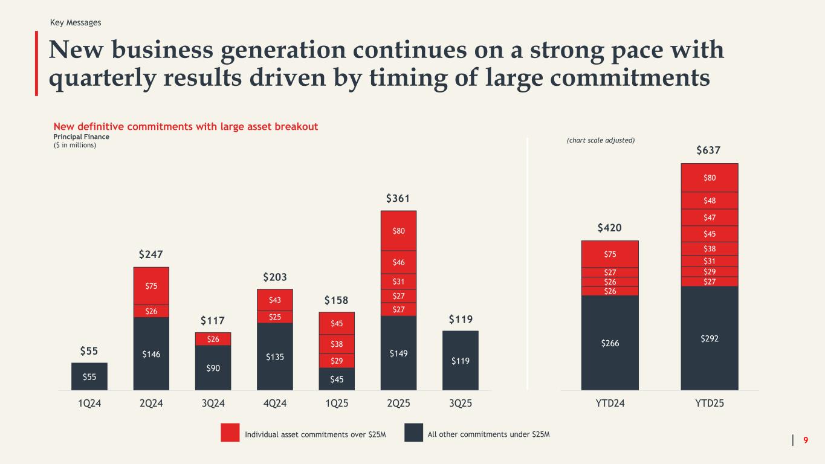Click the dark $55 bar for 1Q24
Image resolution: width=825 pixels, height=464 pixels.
click(89, 376)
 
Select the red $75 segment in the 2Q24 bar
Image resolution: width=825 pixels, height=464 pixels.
click(151, 286)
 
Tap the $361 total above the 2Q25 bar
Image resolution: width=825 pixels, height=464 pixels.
click(398, 199)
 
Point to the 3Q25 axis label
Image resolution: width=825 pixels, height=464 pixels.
click(461, 403)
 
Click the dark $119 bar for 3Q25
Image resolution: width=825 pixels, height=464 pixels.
click(461, 360)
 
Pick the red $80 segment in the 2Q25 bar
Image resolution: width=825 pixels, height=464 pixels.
click(398, 230)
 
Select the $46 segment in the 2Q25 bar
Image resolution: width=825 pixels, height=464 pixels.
click(398, 262)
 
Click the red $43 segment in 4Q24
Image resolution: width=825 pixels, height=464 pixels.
click(275, 300)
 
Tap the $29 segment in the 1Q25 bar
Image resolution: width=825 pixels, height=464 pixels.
click(337, 360)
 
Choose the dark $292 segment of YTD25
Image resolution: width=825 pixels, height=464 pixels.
click(710, 338)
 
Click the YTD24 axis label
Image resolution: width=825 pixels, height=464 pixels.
click(610, 403)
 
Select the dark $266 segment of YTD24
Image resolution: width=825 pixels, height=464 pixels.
click(610, 343)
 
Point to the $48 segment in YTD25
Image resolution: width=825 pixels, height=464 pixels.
click(710, 201)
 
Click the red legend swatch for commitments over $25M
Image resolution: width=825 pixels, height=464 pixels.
click(230, 433)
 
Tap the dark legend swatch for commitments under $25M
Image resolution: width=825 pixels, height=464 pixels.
click(413, 433)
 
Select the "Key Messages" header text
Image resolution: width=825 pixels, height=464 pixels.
click(76, 22)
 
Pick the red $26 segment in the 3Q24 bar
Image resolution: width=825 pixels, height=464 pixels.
click(213, 339)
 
